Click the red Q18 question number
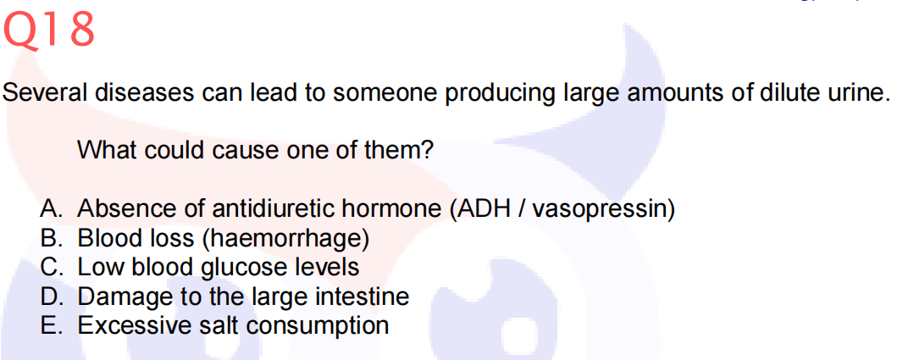coord(48,30)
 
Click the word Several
coord(45,92)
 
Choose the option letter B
coord(50,238)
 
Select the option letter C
coord(50,267)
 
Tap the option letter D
coord(50,296)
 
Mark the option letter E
coord(50,325)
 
